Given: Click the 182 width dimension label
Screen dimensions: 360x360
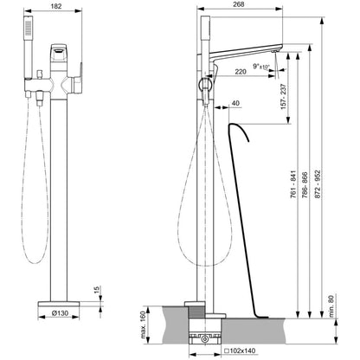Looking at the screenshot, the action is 56,6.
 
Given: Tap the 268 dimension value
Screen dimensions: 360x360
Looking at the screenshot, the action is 238,4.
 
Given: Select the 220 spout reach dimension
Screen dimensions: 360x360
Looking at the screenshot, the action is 241,72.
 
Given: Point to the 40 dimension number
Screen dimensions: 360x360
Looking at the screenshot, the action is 235,103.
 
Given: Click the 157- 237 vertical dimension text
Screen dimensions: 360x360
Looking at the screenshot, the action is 284,97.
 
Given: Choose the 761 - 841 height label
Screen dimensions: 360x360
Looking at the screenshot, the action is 293,184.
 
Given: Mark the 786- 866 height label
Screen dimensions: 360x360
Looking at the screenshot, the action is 305,185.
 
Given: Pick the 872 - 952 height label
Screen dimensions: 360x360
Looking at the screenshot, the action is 317,184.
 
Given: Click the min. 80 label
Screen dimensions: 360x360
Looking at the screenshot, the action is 331,306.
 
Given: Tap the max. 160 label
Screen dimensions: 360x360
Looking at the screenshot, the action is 144,325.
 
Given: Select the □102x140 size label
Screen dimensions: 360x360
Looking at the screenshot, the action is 240,350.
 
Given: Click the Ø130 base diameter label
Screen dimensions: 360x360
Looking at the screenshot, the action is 60,313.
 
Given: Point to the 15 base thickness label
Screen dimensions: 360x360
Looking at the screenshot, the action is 97,290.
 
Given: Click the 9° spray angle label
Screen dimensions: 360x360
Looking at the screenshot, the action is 256,66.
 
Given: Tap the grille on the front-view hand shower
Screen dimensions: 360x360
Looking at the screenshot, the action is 28,29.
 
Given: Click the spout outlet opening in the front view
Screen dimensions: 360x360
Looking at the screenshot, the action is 59,52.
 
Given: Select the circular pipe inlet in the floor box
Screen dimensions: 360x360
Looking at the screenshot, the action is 205,338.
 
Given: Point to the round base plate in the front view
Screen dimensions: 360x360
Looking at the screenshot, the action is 59,304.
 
